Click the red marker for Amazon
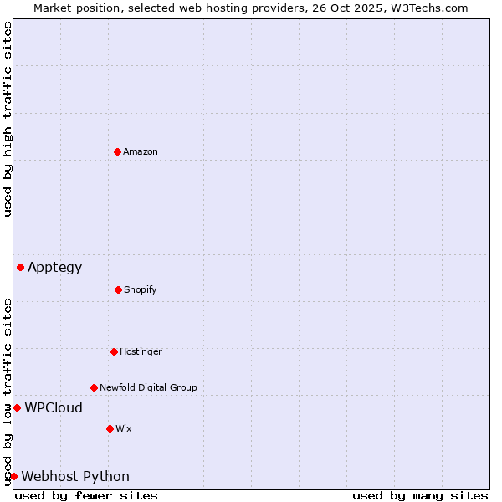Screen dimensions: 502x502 tap(117, 151)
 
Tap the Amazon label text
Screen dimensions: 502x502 tap(141, 151)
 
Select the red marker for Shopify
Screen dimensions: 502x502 tap(118, 289)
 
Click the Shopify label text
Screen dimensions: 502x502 tap(141, 289)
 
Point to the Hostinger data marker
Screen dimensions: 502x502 tap(114, 351)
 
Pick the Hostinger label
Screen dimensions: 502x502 tap(141, 351)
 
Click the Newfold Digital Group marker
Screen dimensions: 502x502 tap(94, 387)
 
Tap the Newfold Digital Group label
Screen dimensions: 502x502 tap(148, 387)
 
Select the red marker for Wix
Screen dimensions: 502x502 tap(110, 428)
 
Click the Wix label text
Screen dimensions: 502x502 tap(124, 428)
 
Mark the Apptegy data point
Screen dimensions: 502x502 tap(20, 267)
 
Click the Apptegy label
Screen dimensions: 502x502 tap(55, 268)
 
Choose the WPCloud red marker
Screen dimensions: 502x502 tap(17, 407)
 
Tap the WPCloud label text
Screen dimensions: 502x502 tap(54, 408)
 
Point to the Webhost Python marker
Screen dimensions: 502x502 tap(13, 476)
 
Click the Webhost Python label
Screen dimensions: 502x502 tap(75, 477)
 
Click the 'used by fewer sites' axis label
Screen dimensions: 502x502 tap(86, 495)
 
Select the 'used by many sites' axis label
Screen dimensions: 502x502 tap(420, 495)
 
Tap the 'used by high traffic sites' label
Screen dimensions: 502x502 tap(8, 119)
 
